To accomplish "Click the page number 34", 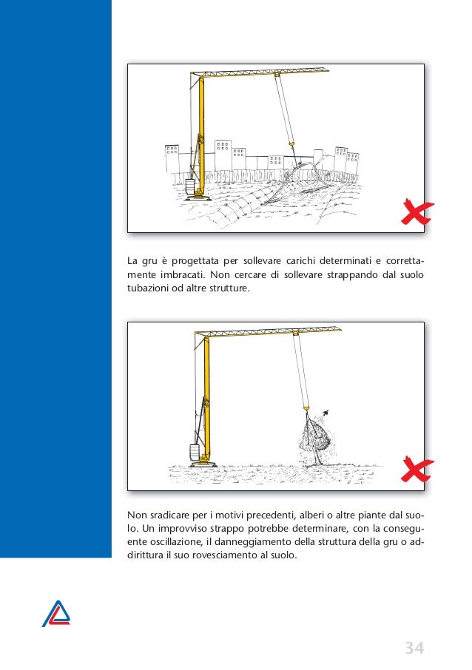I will point(414,649).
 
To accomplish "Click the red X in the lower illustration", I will point(417,470).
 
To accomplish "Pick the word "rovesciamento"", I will point(219,558).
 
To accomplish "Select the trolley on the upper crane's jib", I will point(275,75).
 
